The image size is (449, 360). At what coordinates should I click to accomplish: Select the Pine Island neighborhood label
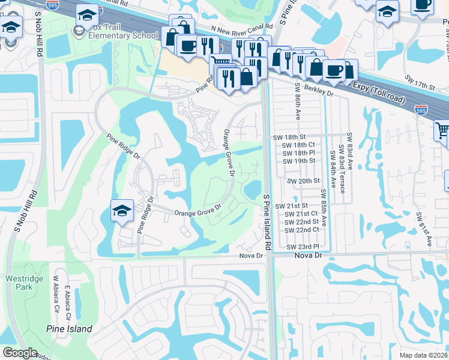pyautogui.click(x=70, y=329)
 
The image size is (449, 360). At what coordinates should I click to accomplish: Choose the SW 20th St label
pyautogui.click(x=303, y=181)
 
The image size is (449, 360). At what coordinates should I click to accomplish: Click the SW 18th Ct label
pyautogui.click(x=298, y=145)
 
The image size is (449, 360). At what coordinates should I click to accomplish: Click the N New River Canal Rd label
pyautogui.click(x=242, y=27)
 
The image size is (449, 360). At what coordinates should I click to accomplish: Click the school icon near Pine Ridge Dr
pyautogui.click(x=122, y=211)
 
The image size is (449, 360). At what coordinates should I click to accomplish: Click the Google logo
pyautogui.click(x=20, y=353)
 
